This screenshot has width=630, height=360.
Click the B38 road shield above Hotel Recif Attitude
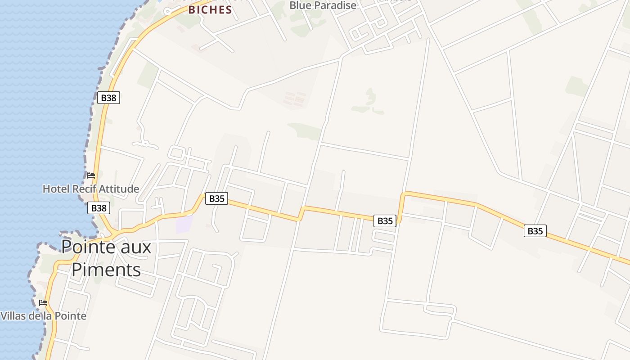click(109, 98)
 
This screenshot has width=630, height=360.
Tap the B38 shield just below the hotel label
click(99, 208)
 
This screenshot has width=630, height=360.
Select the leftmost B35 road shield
click(216, 198)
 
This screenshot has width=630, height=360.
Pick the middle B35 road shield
click(385, 221)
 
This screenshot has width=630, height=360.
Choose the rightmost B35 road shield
click(535, 231)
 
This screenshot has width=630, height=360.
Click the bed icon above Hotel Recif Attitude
click(91, 175)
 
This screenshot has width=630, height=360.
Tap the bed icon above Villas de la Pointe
click(43, 303)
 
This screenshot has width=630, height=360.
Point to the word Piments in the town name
click(106, 270)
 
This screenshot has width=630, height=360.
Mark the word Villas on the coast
click(13, 316)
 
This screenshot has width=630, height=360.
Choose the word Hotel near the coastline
click(54, 189)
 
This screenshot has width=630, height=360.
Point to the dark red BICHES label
click(210, 9)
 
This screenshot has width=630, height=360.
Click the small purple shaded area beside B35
click(184, 224)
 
